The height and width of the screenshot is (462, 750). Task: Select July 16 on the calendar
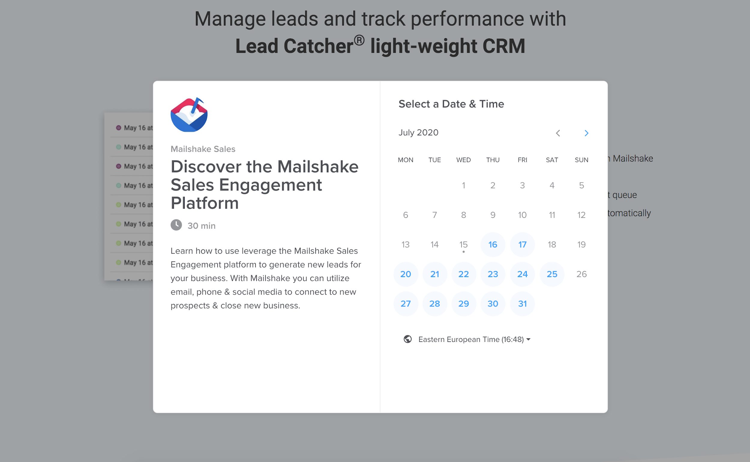pyautogui.click(x=493, y=244)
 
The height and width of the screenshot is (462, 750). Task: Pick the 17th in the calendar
pyautogui.click(x=522, y=244)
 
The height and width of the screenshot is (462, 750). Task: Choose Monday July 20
pyautogui.click(x=406, y=274)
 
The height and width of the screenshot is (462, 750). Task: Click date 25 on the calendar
pyautogui.click(x=552, y=274)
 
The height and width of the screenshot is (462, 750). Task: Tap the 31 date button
pyautogui.click(x=522, y=304)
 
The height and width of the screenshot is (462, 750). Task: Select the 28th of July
pyautogui.click(x=434, y=304)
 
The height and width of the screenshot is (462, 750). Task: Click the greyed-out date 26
pyautogui.click(x=581, y=274)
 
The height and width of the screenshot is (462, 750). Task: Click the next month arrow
pyautogui.click(x=586, y=133)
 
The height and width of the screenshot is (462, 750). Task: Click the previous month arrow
pyautogui.click(x=558, y=133)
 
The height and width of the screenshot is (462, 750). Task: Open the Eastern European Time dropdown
pyautogui.click(x=474, y=339)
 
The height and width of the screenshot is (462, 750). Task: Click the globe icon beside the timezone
pyautogui.click(x=408, y=339)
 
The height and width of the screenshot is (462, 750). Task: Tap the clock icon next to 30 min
pyautogui.click(x=176, y=225)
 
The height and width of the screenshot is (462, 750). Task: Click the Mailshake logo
pyautogui.click(x=189, y=115)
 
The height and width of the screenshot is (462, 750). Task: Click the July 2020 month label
pyautogui.click(x=418, y=133)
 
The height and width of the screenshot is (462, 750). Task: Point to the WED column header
pyautogui.click(x=463, y=160)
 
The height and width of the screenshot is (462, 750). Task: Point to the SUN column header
pyautogui.click(x=581, y=160)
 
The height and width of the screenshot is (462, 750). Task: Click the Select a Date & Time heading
pyautogui.click(x=451, y=104)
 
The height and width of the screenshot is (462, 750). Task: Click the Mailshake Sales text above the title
pyautogui.click(x=203, y=149)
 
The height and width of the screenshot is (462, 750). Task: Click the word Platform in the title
pyautogui.click(x=205, y=203)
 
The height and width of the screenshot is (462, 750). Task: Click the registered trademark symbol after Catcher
pyautogui.click(x=359, y=40)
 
